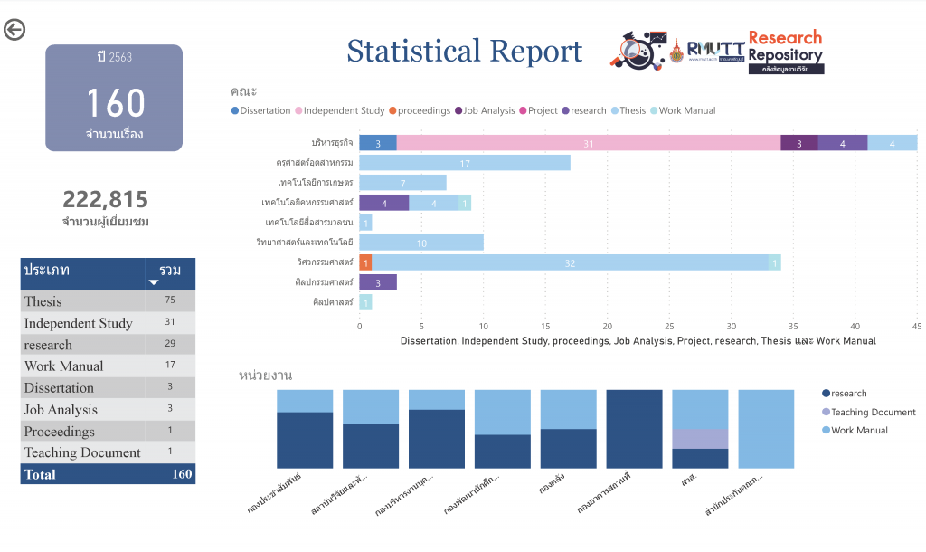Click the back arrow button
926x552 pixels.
14,30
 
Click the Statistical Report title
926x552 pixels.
465,52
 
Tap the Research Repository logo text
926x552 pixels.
785,46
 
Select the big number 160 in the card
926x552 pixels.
115,103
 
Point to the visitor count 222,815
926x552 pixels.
105,200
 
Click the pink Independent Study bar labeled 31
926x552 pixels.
588,143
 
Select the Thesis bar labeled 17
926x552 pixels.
465,163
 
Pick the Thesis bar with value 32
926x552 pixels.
570,262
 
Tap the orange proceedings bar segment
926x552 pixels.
365,262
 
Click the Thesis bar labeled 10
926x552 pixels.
421,243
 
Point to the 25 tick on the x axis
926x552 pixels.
669,326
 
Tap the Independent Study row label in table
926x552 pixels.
79,323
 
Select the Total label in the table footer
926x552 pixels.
40,474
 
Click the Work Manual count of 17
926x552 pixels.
170,366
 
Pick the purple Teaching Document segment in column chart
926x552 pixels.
700,439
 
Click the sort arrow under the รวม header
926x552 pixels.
153,282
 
